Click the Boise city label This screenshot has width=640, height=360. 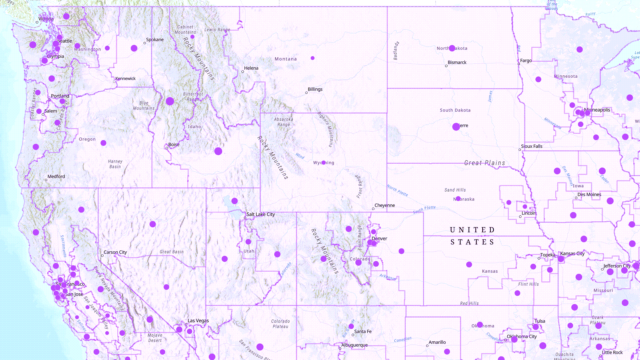pyautogui.click(x=174, y=145)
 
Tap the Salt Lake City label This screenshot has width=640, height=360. pyautogui.click(x=260, y=214)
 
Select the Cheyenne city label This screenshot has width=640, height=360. pyautogui.click(x=384, y=205)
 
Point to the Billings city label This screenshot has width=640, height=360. pyautogui.click(x=315, y=89)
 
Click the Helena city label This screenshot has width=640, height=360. pyautogui.click(x=251, y=68)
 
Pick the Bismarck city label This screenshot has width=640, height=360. pyautogui.click(x=457, y=62)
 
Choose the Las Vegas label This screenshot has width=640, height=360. pyautogui.click(x=198, y=321)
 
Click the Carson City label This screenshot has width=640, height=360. pyautogui.click(x=115, y=252)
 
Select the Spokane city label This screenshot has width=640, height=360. pyautogui.click(x=155, y=40)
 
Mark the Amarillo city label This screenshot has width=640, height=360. pyautogui.click(x=437, y=342)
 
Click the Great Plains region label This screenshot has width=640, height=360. pyautogui.click(x=485, y=163)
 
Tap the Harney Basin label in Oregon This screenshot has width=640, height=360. pyautogui.click(x=115, y=164)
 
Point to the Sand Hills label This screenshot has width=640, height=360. pyautogui.click(x=455, y=190)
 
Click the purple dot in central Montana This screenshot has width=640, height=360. pyautogui.click(x=312, y=58)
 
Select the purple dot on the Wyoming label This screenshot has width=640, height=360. pyautogui.click(x=323, y=163)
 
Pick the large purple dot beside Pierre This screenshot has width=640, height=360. pyautogui.click(x=456, y=127)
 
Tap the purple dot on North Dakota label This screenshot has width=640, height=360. pyautogui.click(x=452, y=48)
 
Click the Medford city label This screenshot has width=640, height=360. pyautogui.click(x=56, y=177)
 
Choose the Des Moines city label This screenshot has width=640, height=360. pyautogui.click(x=589, y=195)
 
